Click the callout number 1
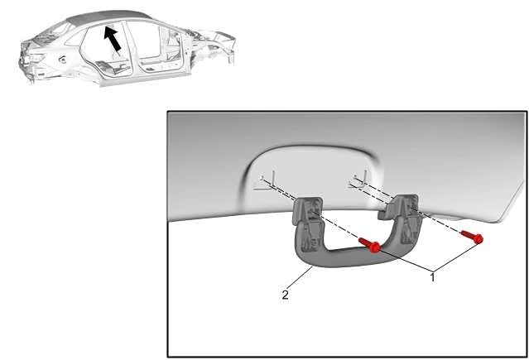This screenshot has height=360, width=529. click(432, 278)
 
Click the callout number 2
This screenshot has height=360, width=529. click(285, 295)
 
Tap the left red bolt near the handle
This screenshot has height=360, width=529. click(369, 245)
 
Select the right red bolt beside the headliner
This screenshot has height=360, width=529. click(473, 237)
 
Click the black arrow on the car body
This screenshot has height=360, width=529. click(113, 38)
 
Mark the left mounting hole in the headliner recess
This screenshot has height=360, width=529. click(262, 177)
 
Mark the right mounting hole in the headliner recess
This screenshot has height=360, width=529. click(355, 176)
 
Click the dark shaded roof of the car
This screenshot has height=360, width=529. click(108, 17)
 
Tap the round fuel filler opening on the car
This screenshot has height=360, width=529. click(62, 60)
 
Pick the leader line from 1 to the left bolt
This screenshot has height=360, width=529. click(405, 260)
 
